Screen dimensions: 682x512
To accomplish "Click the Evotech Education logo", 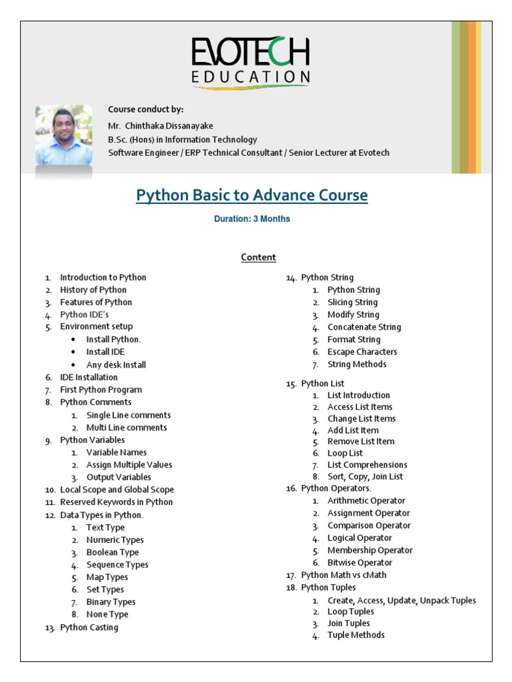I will (x=251, y=61).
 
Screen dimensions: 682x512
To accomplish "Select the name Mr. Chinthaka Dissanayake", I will (x=161, y=126).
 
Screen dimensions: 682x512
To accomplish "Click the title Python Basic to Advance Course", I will (x=252, y=195).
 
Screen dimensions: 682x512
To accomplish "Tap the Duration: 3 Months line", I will (x=252, y=218).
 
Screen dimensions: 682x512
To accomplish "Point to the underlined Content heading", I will (x=258, y=257).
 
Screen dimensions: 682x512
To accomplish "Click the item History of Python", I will (x=93, y=290).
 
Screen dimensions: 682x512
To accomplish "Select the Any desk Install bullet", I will (x=116, y=365).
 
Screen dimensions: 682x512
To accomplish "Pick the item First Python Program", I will (x=101, y=390).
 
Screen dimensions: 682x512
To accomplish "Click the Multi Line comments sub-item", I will (x=127, y=428).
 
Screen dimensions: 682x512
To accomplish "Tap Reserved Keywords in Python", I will (x=116, y=502).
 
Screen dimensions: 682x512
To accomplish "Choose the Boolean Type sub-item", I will (x=113, y=552).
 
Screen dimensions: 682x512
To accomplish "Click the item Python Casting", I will (x=89, y=627).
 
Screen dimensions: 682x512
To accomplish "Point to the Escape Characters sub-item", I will (x=362, y=352).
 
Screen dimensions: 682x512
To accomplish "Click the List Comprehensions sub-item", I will (x=367, y=465).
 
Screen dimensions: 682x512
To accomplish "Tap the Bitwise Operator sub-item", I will (x=360, y=563).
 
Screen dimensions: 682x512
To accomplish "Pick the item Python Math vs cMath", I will (x=343, y=575).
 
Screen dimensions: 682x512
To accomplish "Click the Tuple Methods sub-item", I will (x=356, y=635).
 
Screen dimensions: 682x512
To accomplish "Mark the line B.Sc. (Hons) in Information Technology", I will (x=182, y=139).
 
